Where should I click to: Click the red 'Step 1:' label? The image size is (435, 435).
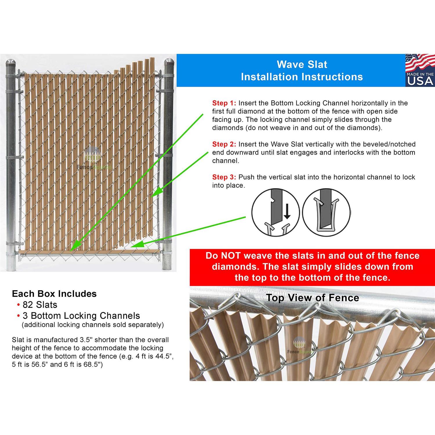pyautogui.click(x=224, y=103)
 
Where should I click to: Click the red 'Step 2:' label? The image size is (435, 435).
pyautogui.click(x=224, y=144)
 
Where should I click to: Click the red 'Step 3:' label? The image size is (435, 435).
pyautogui.click(x=224, y=177)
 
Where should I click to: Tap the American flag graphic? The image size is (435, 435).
pyautogui.click(x=419, y=63)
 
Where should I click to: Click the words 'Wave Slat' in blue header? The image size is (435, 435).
pyautogui.click(x=302, y=64)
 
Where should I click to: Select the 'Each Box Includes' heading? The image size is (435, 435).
pyautogui.click(x=54, y=294)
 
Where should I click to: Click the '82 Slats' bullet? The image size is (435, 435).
pyautogui.click(x=40, y=305)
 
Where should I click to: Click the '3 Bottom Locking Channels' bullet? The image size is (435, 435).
pyautogui.click(x=81, y=316)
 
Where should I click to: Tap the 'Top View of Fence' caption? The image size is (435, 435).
pyautogui.click(x=312, y=298)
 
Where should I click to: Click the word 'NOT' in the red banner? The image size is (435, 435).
pyautogui.click(x=231, y=256)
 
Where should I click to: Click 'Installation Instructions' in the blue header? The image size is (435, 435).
pyautogui.click(x=302, y=77)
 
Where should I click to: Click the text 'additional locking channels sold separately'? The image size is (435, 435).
pyautogui.click(x=93, y=325)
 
